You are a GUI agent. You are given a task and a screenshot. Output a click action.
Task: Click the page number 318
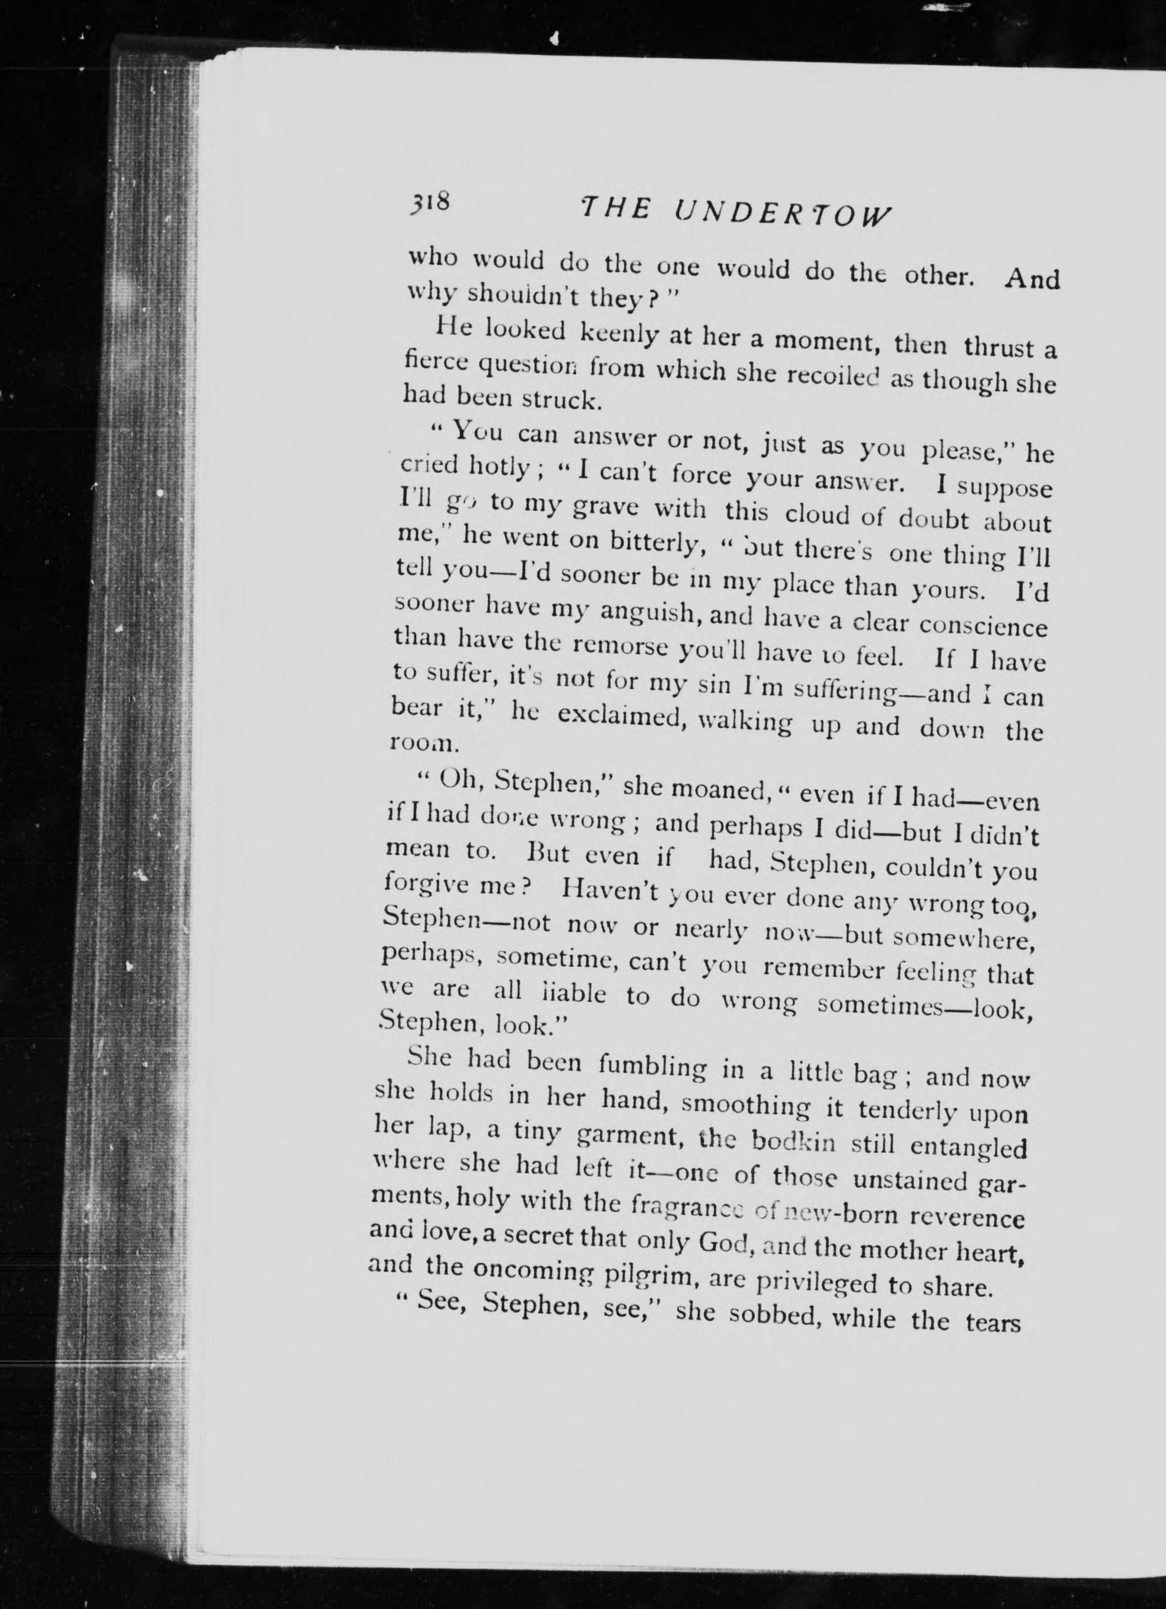[x=429, y=204]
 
